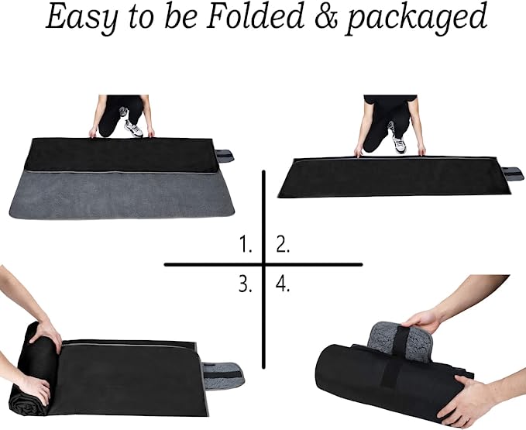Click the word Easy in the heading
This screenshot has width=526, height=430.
(82, 18)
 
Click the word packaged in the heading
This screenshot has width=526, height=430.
(416, 19)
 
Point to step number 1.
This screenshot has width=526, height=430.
(246, 244)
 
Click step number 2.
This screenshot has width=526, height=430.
(283, 244)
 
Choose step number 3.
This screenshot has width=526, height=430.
(246, 284)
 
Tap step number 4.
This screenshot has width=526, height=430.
(283, 284)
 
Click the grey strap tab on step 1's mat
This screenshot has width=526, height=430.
(225, 156)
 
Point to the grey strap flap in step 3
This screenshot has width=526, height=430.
(222, 376)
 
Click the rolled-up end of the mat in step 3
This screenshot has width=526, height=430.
(33, 369)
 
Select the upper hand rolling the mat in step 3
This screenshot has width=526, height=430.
(46, 333)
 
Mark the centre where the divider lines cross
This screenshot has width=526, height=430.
(263, 265)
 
